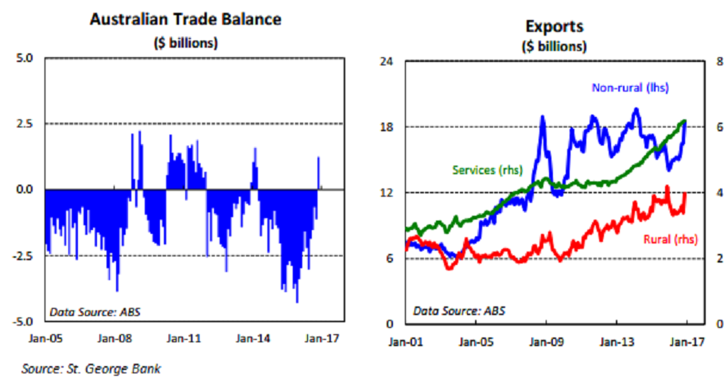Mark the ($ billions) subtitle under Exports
pos(554,45)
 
